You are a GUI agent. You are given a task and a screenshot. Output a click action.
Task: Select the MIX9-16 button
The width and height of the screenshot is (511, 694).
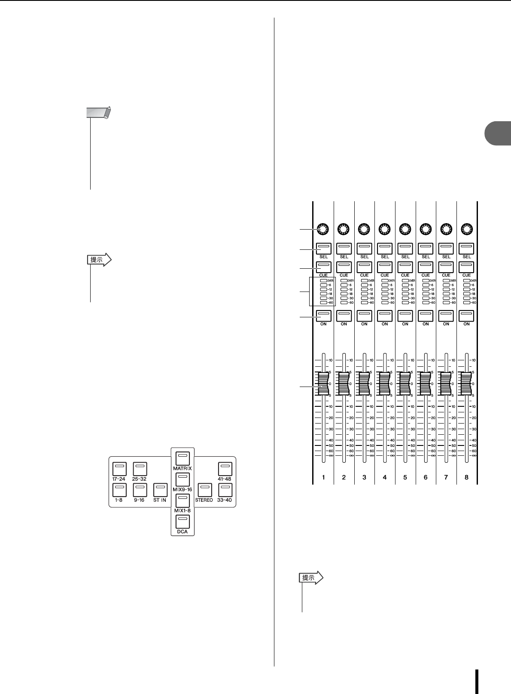[x=182, y=479]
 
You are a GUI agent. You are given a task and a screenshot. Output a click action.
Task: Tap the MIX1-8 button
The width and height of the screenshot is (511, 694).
[x=182, y=500]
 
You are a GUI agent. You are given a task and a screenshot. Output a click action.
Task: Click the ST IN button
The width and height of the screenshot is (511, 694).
[x=160, y=490]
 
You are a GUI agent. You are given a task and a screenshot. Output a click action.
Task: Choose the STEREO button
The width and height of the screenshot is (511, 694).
[x=204, y=490]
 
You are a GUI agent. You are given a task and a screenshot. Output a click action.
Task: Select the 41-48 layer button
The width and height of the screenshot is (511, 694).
[x=225, y=468]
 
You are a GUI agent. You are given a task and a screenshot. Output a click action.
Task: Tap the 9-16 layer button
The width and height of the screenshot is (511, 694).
[x=140, y=490]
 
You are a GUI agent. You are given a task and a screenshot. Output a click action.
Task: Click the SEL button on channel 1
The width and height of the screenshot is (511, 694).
[x=323, y=248]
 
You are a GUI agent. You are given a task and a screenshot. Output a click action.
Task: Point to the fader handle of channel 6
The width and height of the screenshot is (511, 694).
[x=426, y=383]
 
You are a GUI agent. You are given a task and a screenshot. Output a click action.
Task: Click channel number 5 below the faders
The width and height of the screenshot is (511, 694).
[x=405, y=477]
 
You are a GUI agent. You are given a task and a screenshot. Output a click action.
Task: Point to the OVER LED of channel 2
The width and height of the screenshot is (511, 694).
[x=344, y=280]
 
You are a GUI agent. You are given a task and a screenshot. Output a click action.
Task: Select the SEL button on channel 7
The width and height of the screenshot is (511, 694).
[x=446, y=248]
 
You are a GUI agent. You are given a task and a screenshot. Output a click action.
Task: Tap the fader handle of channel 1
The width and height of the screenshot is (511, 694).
[x=323, y=383]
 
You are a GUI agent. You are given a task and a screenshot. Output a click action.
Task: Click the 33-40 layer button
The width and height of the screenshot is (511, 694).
[x=225, y=490]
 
